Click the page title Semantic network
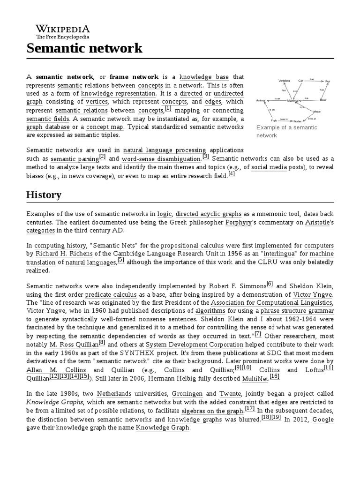click(x=84, y=48)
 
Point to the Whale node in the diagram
click(x=316, y=112)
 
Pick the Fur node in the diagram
click(x=328, y=81)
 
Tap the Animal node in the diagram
click(x=261, y=100)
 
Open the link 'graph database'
click(x=48, y=127)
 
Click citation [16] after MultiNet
click(x=274, y=376)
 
